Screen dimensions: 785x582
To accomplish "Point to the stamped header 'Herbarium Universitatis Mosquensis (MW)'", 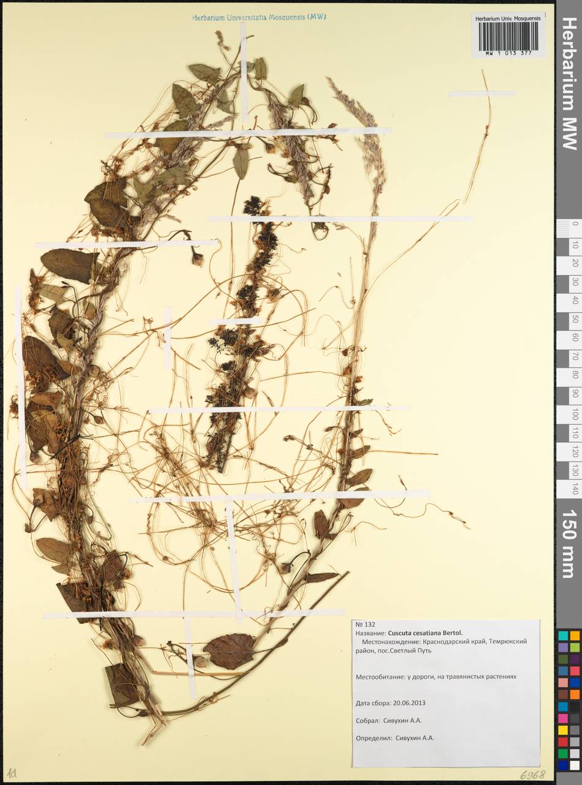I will tap(259, 17).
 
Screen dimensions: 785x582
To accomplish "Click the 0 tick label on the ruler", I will tap(574, 225).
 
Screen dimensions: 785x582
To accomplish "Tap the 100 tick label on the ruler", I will tap(574, 415).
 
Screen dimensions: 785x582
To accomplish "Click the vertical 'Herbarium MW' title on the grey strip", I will tap(569, 83).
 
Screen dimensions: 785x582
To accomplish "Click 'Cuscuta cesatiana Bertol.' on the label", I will tap(424, 632).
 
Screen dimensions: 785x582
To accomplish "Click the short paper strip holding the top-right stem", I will tap(482, 94).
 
